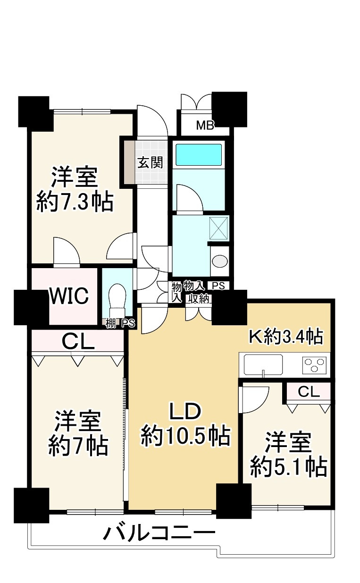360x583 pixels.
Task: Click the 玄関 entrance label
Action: point(150,163)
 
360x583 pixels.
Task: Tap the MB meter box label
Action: point(205,126)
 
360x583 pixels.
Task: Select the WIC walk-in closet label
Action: point(69,296)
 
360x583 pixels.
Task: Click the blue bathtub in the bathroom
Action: point(199,154)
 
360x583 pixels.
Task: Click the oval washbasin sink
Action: point(220,261)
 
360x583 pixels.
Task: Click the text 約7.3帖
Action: point(75,202)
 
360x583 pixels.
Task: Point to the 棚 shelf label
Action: point(110,323)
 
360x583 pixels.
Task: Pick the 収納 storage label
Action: point(199,299)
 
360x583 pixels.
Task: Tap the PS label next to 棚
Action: point(128,323)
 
